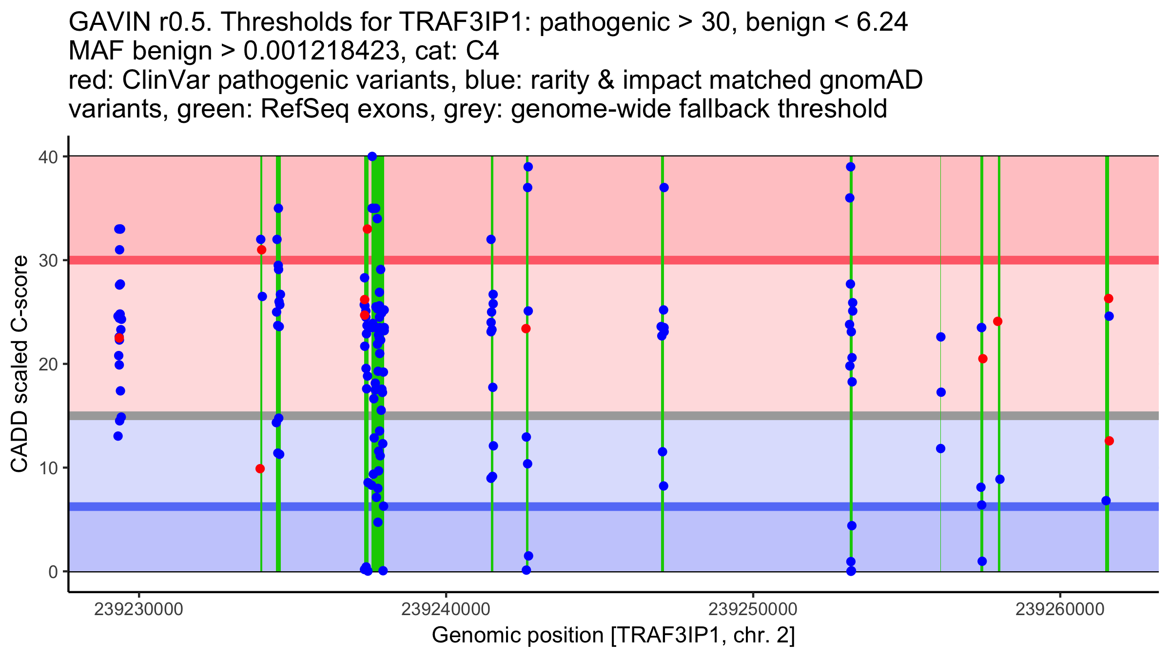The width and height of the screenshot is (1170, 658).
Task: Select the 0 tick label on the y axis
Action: point(53,572)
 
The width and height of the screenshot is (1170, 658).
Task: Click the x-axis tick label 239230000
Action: point(139,609)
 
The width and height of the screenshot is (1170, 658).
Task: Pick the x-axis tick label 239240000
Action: point(446,609)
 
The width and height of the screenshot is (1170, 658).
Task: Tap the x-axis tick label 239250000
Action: point(753,609)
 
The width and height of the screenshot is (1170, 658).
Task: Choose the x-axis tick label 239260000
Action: point(1060,609)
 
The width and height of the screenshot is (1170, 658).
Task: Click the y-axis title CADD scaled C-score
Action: point(19,364)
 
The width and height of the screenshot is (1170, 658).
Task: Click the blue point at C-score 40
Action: point(372,156)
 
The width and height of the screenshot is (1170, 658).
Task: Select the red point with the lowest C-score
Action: point(260,469)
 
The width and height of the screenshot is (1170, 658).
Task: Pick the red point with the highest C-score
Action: point(367,229)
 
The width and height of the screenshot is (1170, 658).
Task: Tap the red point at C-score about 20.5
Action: point(983,359)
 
